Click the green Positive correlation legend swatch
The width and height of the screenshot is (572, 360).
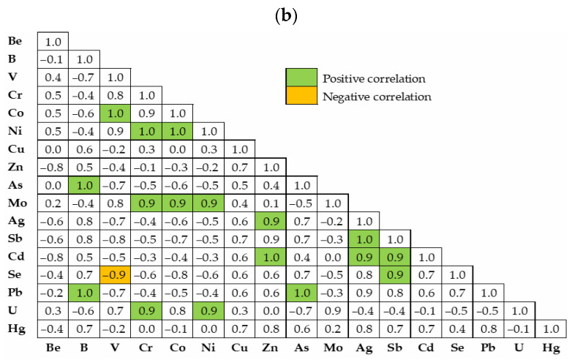pos(300,78)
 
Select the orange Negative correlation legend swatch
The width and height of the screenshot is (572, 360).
pos(300,96)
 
